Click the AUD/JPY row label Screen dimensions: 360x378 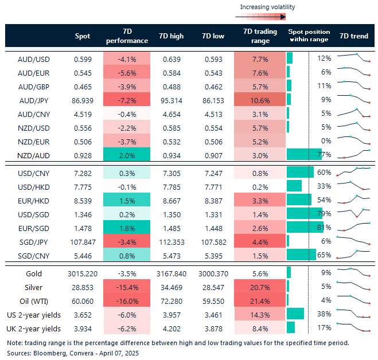[34, 100]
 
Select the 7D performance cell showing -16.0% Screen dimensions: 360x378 [127, 300]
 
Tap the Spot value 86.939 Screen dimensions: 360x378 [83, 100]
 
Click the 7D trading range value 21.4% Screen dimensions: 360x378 [260, 300]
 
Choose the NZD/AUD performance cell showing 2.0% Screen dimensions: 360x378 [127, 154]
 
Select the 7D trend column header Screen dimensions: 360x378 [354, 36]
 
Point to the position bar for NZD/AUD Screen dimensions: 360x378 [304, 154]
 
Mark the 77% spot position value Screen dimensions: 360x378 [325, 154]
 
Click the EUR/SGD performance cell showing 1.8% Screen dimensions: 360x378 [127, 228]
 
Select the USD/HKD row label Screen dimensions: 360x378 [34, 186]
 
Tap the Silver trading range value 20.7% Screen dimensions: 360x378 [260, 287]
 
